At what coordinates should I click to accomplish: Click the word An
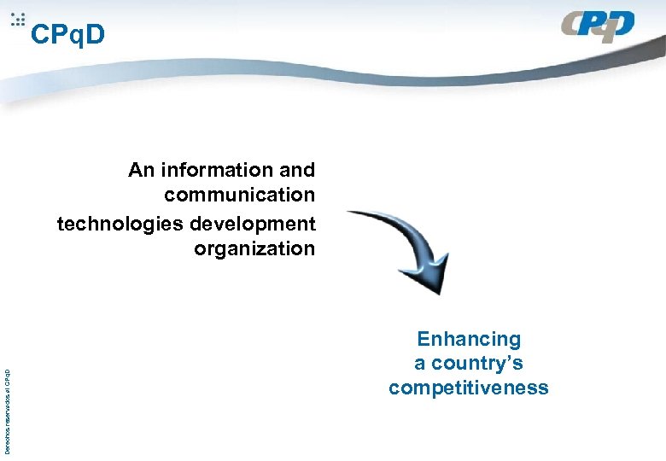(x=141, y=171)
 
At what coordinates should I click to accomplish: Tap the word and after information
(x=297, y=171)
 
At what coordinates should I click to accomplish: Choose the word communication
(x=240, y=195)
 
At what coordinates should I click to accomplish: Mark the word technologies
(x=120, y=225)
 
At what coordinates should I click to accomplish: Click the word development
(x=253, y=225)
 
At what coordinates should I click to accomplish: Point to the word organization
(x=254, y=249)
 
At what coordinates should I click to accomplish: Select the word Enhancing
(x=468, y=340)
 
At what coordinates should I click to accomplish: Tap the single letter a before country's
(x=420, y=365)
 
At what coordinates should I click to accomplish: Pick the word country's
(x=477, y=365)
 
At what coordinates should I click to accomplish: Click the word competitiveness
(x=468, y=388)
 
